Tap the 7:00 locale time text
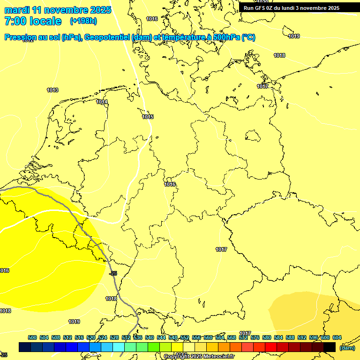pyautogui.click(x=33, y=21)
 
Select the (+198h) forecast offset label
pyautogui.click(x=83, y=21)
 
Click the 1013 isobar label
pyautogui.click(x=52, y=90)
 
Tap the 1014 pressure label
pyautogui.click(x=102, y=102)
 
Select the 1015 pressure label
pyautogui.click(x=148, y=117)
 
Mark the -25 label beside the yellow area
pyautogui.click(x=112, y=273)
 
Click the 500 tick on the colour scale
pyautogui.click(x=32, y=337)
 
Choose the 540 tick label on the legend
pyautogui.click(x=149, y=337)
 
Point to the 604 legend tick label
pyautogui.click(x=337, y=337)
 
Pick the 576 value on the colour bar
pyautogui.click(x=255, y=337)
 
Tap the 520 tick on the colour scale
pyautogui.click(x=91, y=337)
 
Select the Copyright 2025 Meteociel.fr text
pyautogui.click(x=199, y=357)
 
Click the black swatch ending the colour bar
pyautogui.click(x=330, y=347)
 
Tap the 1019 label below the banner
pyautogui.click(x=294, y=36)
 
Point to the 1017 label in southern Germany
pyautogui.click(x=221, y=249)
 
